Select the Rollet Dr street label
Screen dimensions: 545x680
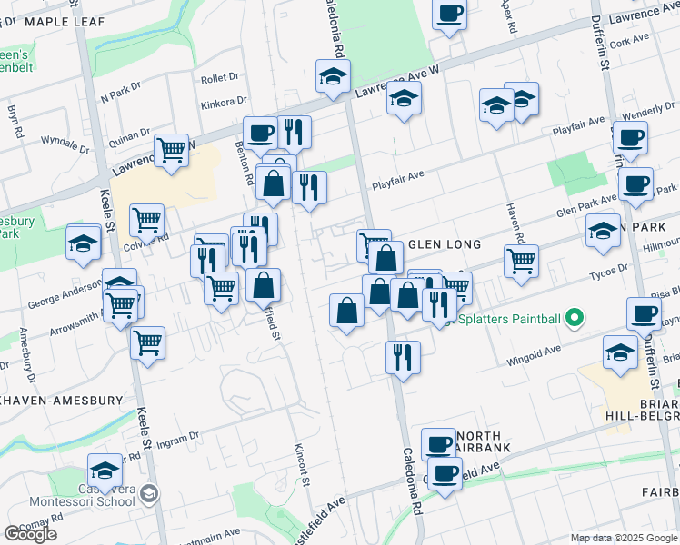coord(219,78)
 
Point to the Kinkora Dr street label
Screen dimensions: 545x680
coord(225,102)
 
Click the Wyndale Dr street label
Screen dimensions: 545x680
coord(63,142)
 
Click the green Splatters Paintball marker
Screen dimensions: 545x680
coord(574,319)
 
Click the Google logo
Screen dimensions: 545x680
coord(30,534)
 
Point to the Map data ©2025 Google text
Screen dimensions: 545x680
coord(625,538)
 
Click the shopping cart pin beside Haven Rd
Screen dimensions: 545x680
coord(521,260)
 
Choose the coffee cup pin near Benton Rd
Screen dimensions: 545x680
coord(260,133)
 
